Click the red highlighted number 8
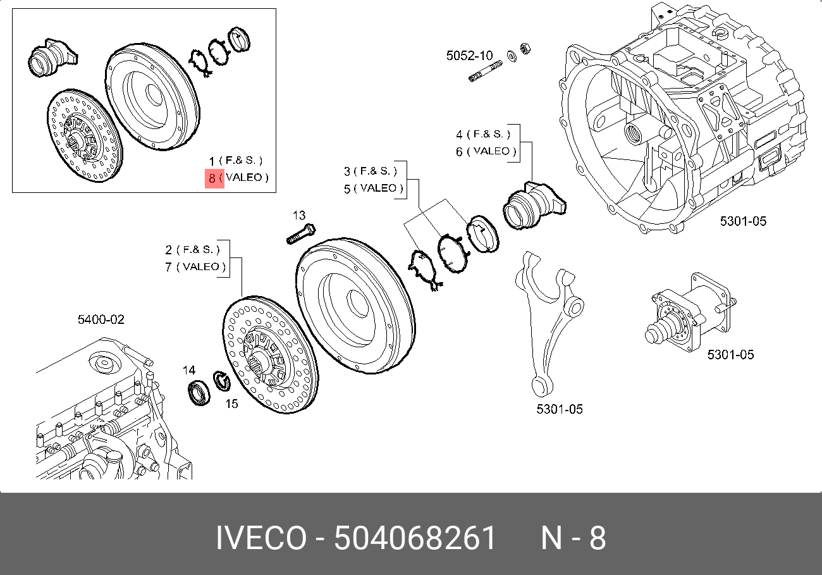point(213,178)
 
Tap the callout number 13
point(299,215)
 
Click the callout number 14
point(189,370)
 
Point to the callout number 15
point(232,404)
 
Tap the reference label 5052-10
point(469,56)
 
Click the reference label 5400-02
point(101,320)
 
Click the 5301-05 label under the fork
point(560,409)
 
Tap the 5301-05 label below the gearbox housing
point(743,221)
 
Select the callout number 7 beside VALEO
point(169,267)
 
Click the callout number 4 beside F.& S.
point(460,134)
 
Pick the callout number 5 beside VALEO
point(347,189)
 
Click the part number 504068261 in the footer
point(415,539)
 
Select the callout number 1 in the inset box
point(213,161)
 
